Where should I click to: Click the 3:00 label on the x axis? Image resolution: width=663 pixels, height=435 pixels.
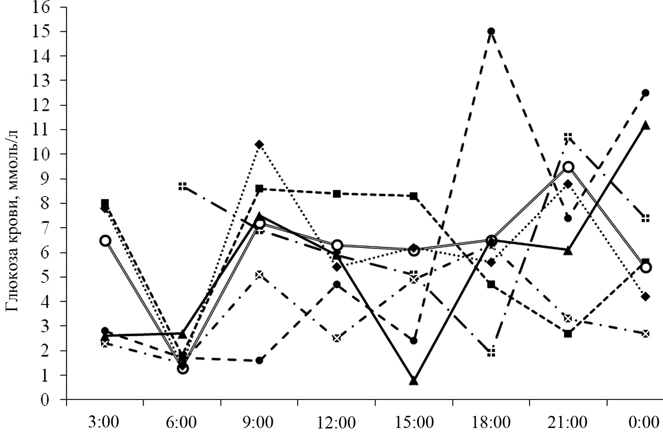[x=104, y=422]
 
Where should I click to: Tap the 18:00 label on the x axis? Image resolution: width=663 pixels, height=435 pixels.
[x=491, y=422]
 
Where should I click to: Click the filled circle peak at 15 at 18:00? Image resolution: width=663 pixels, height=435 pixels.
[x=491, y=32]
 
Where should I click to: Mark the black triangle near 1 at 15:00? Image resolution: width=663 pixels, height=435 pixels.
[x=414, y=381]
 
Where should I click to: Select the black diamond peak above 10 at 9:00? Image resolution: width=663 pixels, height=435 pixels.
[x=259, y=144]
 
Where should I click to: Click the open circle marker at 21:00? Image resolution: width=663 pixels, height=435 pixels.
[x=568, y=167]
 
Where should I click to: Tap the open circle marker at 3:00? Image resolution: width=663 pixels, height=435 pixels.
[x=105, y=240]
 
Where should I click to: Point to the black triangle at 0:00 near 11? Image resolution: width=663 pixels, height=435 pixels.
[x=646, y=125]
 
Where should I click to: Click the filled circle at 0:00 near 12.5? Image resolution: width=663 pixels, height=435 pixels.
[x=646, y=93]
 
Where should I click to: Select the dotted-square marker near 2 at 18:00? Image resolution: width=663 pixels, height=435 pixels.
[x=491, y=353]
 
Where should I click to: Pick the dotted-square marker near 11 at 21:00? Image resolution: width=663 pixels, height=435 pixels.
[x=568, y=137]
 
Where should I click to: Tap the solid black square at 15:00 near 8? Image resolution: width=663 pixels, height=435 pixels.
[x=414, y=196]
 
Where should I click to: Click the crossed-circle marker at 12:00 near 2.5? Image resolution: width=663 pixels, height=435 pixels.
[x=336, y=338]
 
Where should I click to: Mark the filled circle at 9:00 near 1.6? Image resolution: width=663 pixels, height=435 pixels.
[x=259, y=361]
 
